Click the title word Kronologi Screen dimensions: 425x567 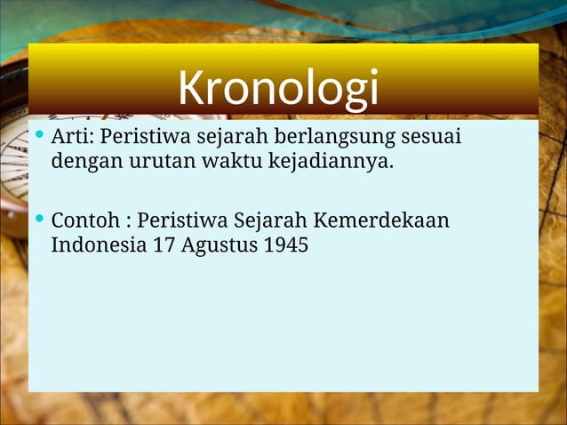(x=277, y=87)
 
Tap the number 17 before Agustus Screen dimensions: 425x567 (x=164, y=245)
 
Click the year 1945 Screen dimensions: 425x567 (x=286, y=245)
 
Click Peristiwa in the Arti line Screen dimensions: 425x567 (x=140, y=139)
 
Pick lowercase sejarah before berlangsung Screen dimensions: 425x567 (x=228, y=140)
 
